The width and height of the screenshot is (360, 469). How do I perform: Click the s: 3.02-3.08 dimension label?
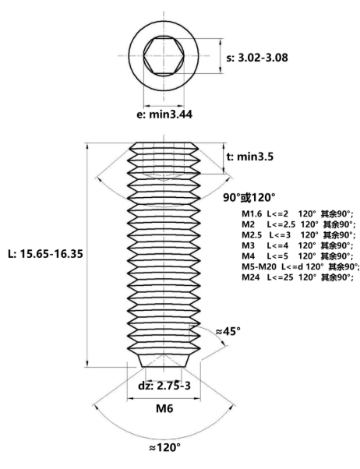(x=257, y=58)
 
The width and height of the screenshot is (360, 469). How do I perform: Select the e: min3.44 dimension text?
(x=164, y=115)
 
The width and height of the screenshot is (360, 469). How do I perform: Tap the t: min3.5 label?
(x=249, y=157)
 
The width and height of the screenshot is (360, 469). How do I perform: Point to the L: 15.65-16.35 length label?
(x=45, y=254)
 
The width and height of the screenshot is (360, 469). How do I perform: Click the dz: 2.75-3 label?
(x=164, y=386)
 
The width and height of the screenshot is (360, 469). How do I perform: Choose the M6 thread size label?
(x=164, y=408)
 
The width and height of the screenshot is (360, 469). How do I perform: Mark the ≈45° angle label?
(x=228, y=331)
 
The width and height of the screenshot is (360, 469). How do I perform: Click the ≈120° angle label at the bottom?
(x=164, y=448)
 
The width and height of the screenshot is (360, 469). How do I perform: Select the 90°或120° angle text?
(x=249, y=198)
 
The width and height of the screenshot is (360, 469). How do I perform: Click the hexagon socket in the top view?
(x=164, y=55)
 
